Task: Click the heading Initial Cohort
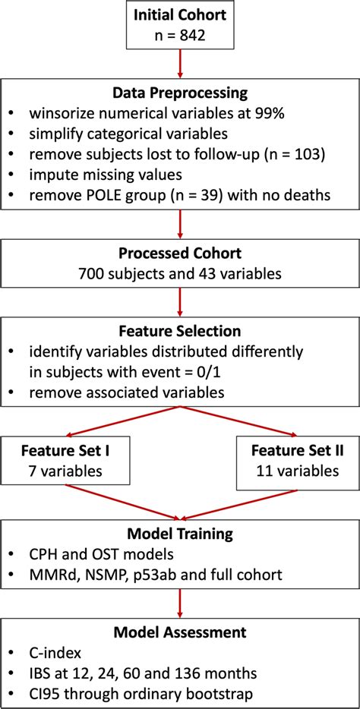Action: tap(179, 16)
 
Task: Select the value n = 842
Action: tap(179, 36)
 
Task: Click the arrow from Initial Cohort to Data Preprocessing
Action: tap(179, 65)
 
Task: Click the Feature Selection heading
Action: tap(179, 332)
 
